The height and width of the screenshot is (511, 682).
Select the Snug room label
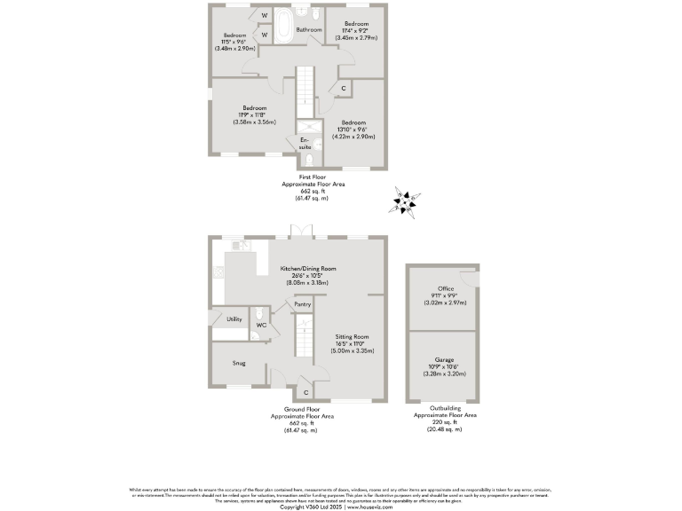coord(239,363)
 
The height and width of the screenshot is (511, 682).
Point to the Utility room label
coord(234,318)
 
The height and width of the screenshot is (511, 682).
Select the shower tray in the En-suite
coord(308,126)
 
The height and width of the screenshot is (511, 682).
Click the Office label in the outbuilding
coord(445,288)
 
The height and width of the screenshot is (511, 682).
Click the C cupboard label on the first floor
coord(343,88)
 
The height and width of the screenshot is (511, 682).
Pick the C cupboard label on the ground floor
coord(305,391)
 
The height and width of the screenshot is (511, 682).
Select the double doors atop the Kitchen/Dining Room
coord(302,235)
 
